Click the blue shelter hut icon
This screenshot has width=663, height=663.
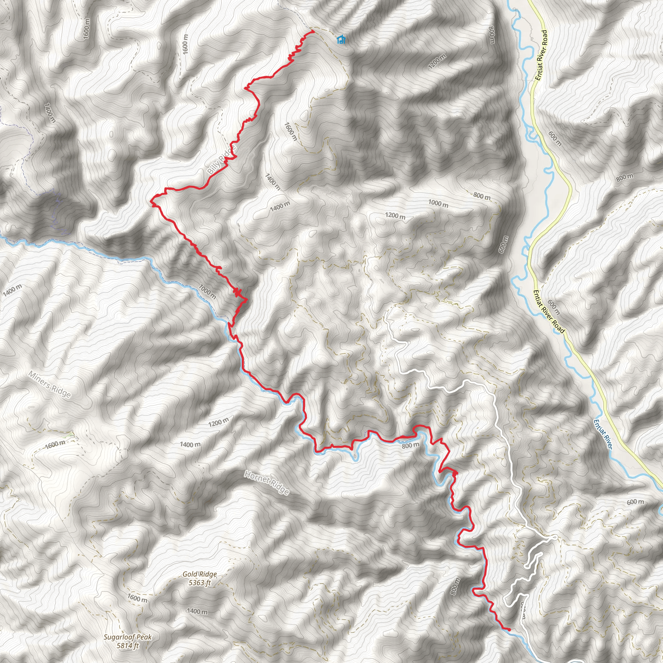[341, 40]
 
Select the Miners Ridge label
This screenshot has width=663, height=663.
[50, 385]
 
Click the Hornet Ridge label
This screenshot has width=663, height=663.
[266, 483]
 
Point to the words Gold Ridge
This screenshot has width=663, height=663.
[199, 574]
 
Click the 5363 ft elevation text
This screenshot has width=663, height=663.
[199, 583]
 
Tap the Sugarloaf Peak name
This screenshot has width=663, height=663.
[128, 637]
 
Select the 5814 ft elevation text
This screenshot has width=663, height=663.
[128, 646]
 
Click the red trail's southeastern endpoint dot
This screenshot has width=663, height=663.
[509, 629]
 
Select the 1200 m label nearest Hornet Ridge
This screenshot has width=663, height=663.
[219, 422]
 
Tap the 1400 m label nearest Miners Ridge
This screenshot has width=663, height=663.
[12, 290]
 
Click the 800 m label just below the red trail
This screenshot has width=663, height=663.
[410, 446]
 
